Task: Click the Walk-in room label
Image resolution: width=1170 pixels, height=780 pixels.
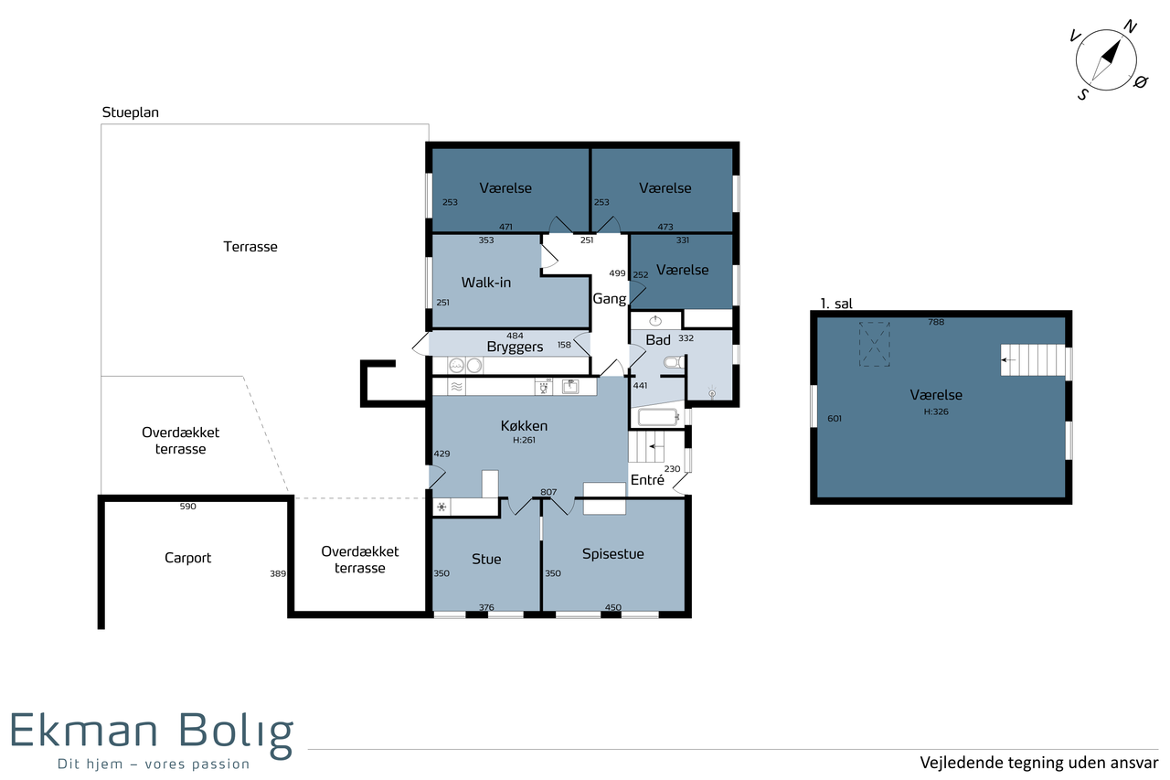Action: tap(485, 283)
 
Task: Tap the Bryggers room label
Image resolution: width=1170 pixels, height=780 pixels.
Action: tap(515, 347)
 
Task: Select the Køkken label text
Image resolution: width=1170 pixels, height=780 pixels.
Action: tap(524, 426)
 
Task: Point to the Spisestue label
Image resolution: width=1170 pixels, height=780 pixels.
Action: tap(612, 554)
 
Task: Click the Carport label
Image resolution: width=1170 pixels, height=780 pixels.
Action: tap(187, 559)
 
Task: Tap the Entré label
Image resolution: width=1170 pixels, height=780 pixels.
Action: tap(647, 479)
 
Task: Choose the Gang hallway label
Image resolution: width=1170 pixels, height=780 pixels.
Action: tap(609, 299)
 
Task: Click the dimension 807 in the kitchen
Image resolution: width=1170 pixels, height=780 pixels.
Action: tap(548, 492)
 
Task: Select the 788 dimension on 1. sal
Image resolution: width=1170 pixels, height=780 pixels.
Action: tap(936, 323)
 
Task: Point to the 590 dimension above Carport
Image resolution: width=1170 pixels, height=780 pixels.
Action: tap(187, 507)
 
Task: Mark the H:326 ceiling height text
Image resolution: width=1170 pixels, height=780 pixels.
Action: tap(935, 411)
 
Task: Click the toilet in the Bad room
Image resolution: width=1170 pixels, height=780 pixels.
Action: tap(674, 362)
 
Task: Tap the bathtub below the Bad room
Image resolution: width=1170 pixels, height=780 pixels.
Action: tap(658, 417)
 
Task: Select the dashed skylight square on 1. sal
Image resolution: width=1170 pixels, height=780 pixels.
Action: tap(875, 345)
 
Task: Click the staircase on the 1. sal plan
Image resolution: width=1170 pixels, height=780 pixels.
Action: tap(1033, 360)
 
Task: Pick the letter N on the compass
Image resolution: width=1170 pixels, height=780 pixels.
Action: tap(1130, 27)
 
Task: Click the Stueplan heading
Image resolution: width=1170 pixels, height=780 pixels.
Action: tap(130, 112)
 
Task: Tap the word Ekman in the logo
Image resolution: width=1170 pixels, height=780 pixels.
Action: tap(83, 731)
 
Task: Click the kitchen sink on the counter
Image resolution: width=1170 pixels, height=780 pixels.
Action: tap(569, 387)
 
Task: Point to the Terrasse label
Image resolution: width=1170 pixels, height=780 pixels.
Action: tap(250, 247)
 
